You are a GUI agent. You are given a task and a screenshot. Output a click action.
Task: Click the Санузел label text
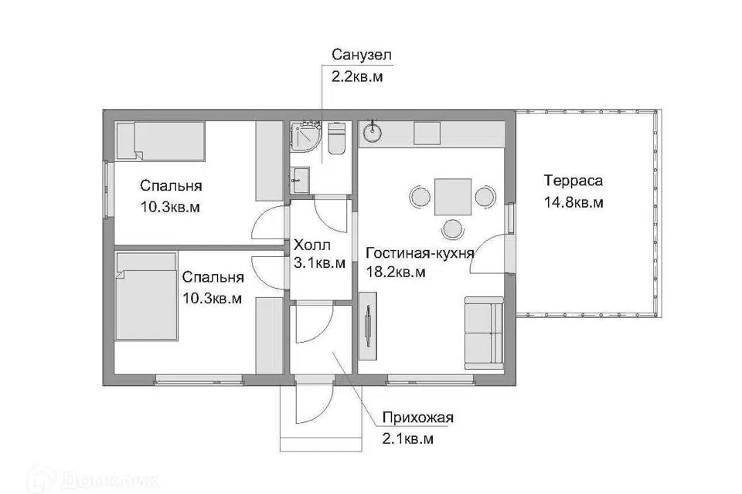[x=362, y=55]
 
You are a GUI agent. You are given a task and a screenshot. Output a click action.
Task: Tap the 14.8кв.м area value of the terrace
[x=573, y=203]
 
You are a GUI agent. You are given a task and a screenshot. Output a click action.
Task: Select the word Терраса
[x=573, y=181]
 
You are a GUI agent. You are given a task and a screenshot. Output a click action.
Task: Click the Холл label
[x=311, y=245]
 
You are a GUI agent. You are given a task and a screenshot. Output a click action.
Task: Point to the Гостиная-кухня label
[x=420, y=253]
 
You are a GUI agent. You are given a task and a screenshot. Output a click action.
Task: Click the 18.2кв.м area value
[x=396, y=272]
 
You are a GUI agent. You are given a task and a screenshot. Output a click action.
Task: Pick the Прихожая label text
[x=418, y=418]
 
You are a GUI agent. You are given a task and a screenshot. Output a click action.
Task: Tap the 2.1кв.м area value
[x=408, y=439]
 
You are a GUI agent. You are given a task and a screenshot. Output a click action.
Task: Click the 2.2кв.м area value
[x=357, y=77]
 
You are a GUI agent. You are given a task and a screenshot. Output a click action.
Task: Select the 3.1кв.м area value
[x=319, y=263]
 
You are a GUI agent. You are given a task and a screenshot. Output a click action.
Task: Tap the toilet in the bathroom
[x=336, y=138]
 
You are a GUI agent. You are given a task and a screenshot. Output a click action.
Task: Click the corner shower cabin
[x=305, y=137]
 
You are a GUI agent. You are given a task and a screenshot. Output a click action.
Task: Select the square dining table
[x=453, y=197]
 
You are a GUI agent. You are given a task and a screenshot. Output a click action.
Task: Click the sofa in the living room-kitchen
[x=484, y=333]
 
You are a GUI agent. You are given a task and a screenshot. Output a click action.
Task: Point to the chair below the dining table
[x=453, y=228]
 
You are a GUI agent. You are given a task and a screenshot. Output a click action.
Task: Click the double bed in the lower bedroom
[x=146, y=296]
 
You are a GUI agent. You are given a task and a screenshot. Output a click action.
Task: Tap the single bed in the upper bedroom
[x=161, y=141]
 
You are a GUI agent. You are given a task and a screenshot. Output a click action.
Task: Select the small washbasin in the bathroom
[x=300, y=180]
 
